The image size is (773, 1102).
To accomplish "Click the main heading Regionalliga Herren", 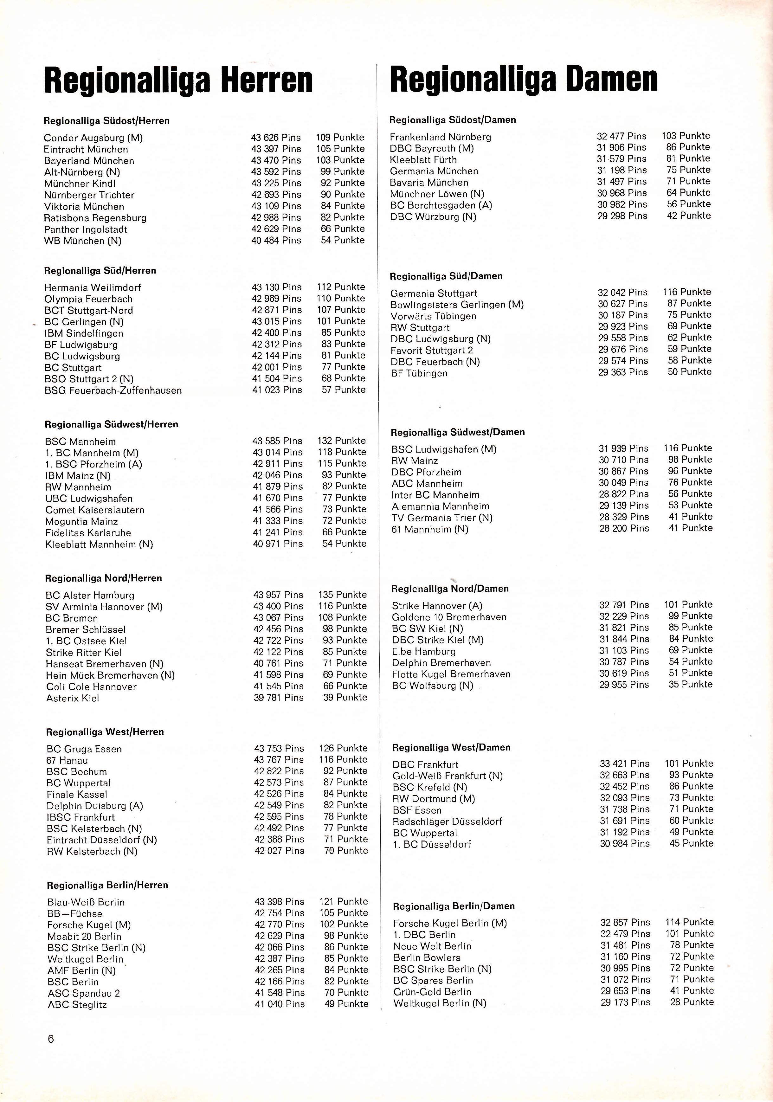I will pyautogui.click(x=178, y=80).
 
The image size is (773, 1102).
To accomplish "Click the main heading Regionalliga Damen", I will pyautogui.click(x=524, y=79).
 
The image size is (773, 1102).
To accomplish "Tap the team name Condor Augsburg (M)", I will pyautogui.click(x=93, y=138).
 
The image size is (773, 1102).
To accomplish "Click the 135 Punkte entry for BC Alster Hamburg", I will pyautogui.click(x=342, y=595).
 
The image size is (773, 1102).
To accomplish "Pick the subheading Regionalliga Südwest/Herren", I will pyautogui.click(x=111, y=424).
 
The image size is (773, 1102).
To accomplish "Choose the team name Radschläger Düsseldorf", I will pyautogui.click(x=447, y=821).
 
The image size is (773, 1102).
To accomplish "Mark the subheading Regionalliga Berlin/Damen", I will pyautogui.click(x=454, y=906).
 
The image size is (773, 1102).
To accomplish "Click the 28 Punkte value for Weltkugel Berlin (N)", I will pyautogui.click(x=692, y=1002).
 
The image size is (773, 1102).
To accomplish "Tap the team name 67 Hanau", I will pyautogui.click(x=67, y=760).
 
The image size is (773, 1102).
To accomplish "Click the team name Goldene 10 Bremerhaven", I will pyautogui.click(x=449, y=617).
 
